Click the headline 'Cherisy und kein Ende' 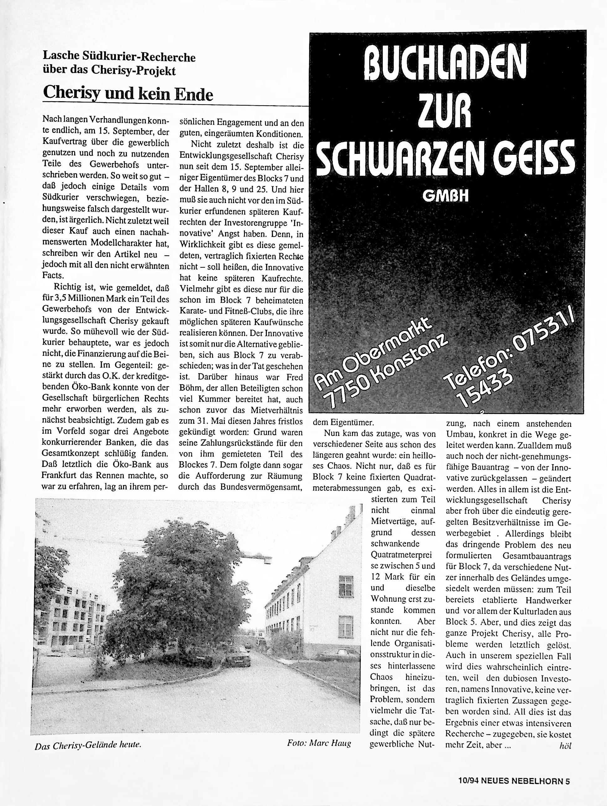(x=128, y=94)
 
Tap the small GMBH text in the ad (x=446, y=196)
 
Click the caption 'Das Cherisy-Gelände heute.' (x=88, y=746)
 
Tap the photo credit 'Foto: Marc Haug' (x=319, y=743)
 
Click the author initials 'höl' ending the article (x=565, y=746)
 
